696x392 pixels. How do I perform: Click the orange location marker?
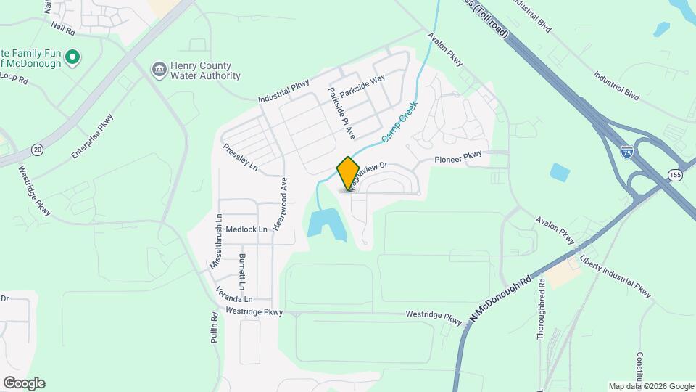348,173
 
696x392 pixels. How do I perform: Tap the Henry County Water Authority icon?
158,70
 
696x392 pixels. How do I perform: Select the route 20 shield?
36,150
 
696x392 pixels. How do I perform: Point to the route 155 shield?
675,175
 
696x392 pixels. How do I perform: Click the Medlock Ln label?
246,229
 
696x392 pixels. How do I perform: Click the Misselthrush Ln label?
215,246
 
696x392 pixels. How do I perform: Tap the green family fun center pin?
72,57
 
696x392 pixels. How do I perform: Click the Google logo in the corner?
24,383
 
